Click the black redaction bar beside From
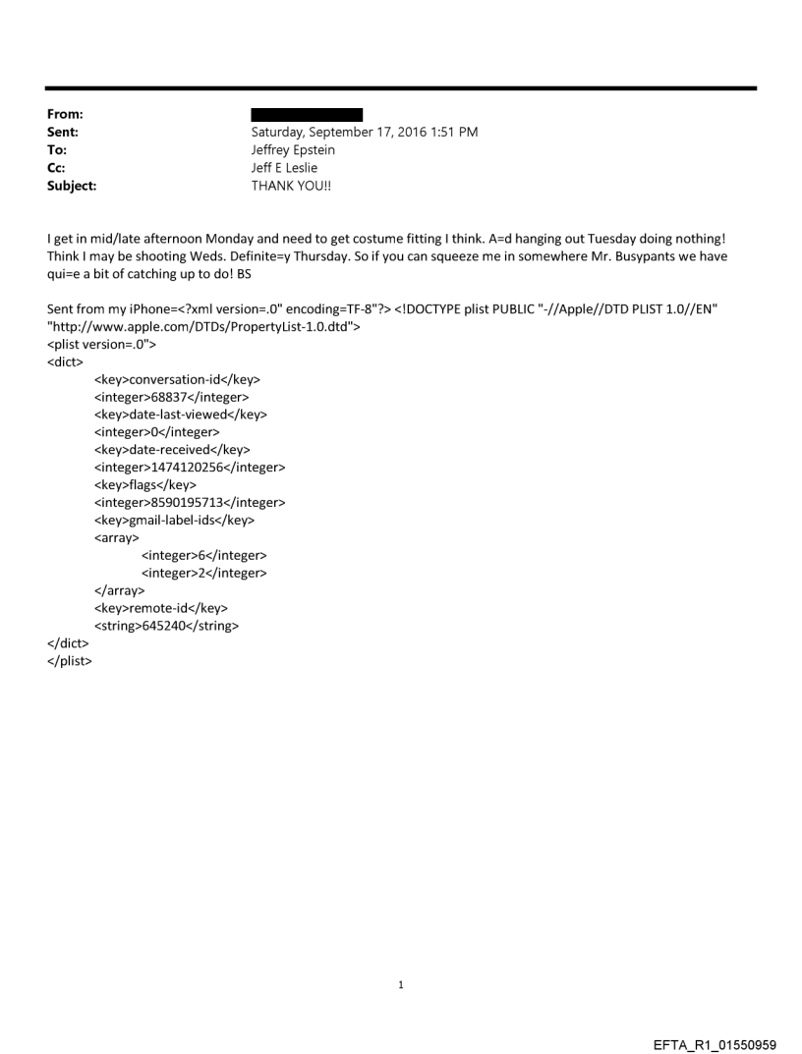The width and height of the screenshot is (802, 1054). [x=307, y=115]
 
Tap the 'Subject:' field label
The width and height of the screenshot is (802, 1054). [x=74, y=182]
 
